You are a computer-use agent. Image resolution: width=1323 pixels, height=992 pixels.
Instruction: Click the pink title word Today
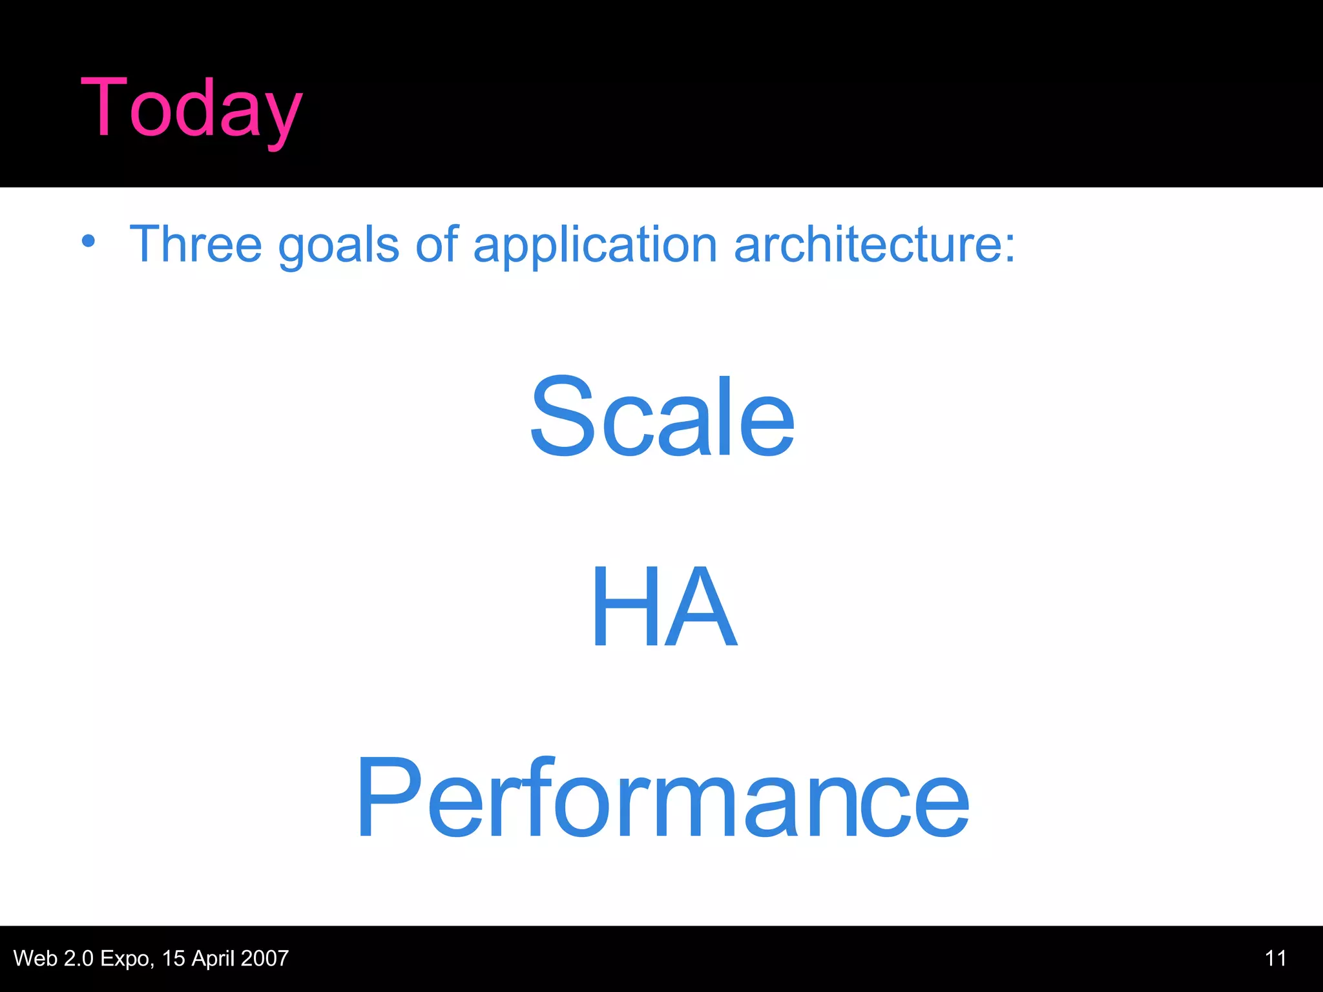coord(191,108)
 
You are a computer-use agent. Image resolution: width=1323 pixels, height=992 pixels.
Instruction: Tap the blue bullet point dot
coord(89,242)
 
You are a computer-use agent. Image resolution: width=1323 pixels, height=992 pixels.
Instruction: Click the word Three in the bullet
coord(195,244)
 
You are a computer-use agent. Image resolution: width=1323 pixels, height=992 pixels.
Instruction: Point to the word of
coord(437,244)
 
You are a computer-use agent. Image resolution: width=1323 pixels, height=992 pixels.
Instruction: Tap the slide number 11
coord(1275,958)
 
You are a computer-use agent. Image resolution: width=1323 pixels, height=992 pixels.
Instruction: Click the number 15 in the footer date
coord(174,958)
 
